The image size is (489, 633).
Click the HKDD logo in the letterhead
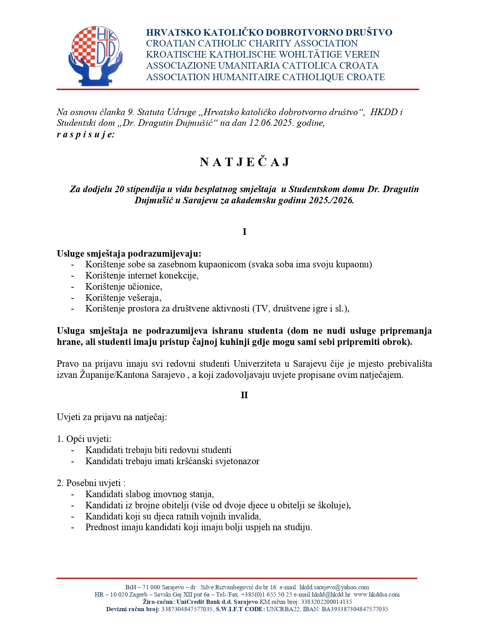coord(95,56)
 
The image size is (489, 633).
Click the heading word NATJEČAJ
coord(244,162)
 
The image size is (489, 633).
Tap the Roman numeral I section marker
coord(244,232)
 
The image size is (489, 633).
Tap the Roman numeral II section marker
coord(244,395)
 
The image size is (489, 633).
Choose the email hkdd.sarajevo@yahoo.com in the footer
coord(334,587)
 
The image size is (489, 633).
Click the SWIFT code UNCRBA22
coord(283,609)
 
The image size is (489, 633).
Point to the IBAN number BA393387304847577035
coord(355,609)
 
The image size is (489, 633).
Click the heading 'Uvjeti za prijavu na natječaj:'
coord(112,417)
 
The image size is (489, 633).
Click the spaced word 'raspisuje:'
coord(86,134)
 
